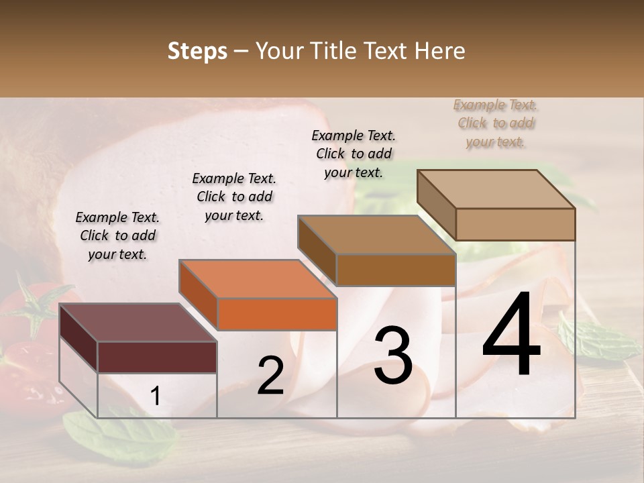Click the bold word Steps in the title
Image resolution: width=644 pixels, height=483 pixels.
pos(197,51)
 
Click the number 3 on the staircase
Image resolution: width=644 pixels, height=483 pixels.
pos(392,355)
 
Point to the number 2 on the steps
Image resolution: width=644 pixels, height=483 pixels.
pos(270,376)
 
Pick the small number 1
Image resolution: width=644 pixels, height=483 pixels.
pos(155,396)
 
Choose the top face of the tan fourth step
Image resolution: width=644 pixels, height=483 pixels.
pos(496,189)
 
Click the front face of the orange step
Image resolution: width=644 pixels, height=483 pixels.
pos(277,314)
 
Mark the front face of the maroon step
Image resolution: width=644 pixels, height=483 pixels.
pos(157,357)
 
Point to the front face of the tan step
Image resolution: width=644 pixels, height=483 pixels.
pos(515,224)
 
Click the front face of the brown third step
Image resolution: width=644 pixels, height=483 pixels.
pos(396,270)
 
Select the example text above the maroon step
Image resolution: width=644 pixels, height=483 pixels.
pos(117,235)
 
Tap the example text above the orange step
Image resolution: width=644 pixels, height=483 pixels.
pos(234,197)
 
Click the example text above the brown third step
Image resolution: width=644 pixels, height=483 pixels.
pos(354,154)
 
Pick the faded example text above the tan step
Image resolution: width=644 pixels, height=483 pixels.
pos(496,123)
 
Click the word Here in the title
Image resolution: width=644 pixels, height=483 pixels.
pos(440,51)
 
